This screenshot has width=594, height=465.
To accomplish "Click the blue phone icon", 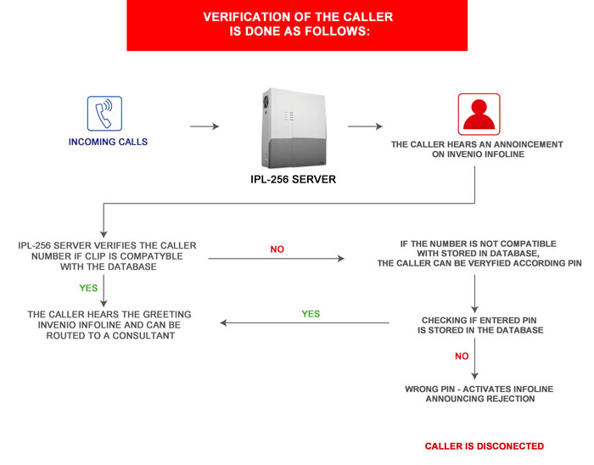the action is click(104, 113).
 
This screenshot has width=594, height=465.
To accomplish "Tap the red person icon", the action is click(479, 114).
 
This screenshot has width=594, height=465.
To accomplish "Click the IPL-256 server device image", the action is click(294, 128).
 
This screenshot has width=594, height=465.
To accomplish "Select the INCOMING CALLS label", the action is click(108, 142).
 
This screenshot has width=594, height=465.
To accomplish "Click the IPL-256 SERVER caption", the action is click(294, 179).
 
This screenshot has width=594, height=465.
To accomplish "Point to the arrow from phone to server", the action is click(205, 126).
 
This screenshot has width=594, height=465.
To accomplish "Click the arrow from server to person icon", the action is click(365, 126).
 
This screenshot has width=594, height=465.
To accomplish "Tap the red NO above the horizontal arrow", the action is click(277, 249).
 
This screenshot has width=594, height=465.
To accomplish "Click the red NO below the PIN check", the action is click(462, 356).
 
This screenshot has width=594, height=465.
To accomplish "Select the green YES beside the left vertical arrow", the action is click(88, 289).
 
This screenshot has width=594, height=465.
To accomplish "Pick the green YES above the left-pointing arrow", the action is click(311, 314).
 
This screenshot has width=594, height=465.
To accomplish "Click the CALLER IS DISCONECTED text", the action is click(485, 446).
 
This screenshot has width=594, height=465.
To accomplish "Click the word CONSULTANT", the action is click(143, 336).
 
